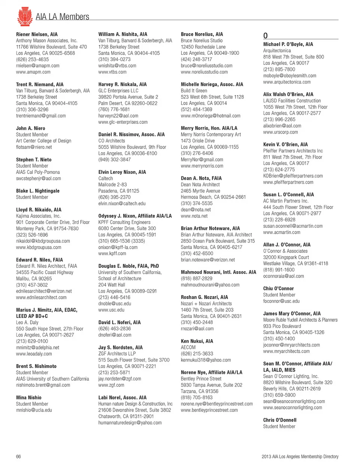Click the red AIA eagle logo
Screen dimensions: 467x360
pos(24,16)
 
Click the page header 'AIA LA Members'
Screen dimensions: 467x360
pos(62,17)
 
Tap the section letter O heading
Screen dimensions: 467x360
pos(265,36)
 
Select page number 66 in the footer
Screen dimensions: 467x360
pos(18,456)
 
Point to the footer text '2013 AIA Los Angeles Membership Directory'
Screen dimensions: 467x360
pos(300,456)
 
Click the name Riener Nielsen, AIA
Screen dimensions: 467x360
pos(37,34)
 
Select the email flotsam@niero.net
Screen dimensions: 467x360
pos(34,147)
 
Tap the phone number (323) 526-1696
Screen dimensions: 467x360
pos(32,235)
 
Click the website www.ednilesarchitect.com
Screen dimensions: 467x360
pos(41,297)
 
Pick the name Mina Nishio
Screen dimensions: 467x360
pos(28,398)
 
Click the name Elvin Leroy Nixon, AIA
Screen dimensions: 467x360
pos(122,172)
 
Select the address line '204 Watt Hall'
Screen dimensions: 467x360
pos(112,285)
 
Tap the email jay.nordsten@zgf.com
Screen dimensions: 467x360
pos(120,379)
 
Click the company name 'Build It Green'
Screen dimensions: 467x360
pos(194,91)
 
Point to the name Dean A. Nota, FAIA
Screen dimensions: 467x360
pos(201,179)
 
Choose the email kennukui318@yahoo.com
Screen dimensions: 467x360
pos(205,360)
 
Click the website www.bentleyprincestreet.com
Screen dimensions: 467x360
pos(209,410)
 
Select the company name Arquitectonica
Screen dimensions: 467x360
pos(277,51)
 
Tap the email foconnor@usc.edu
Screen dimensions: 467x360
pos(281,301)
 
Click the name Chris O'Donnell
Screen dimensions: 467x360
pos(280,420)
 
